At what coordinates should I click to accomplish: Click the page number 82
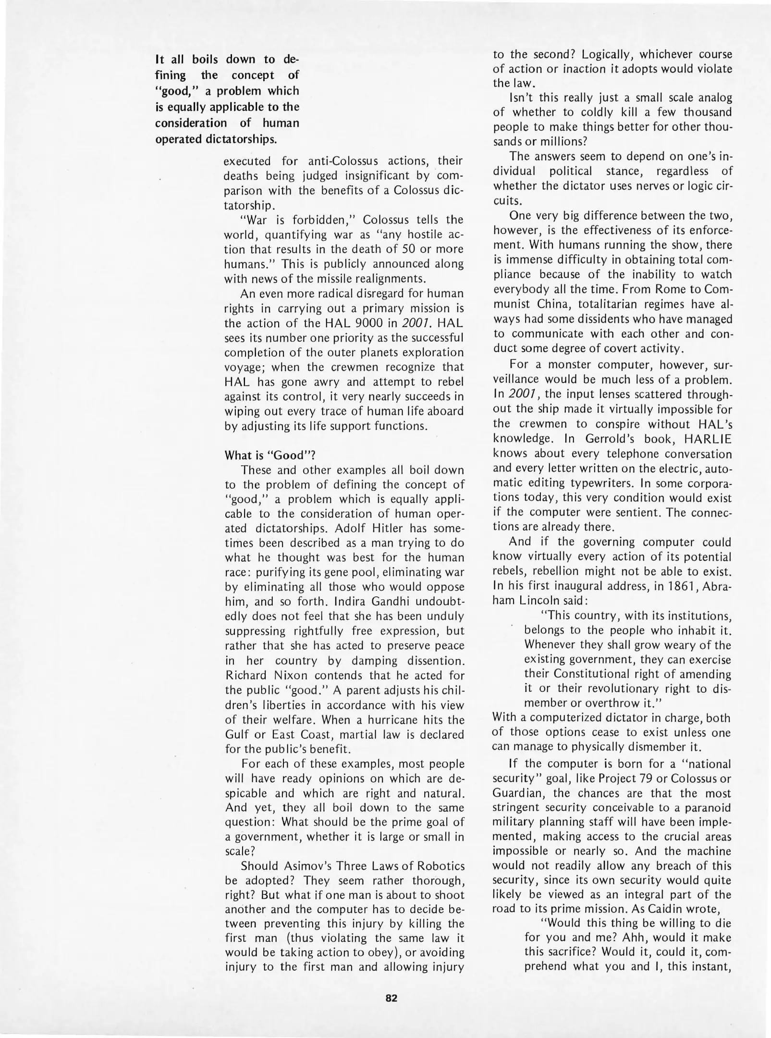[x=391, y=998]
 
